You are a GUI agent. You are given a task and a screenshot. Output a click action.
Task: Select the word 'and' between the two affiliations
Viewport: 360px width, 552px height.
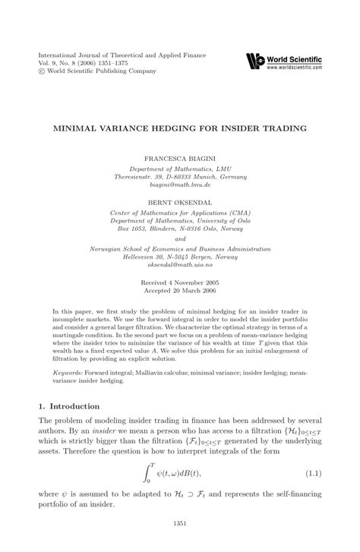coord(179,216)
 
